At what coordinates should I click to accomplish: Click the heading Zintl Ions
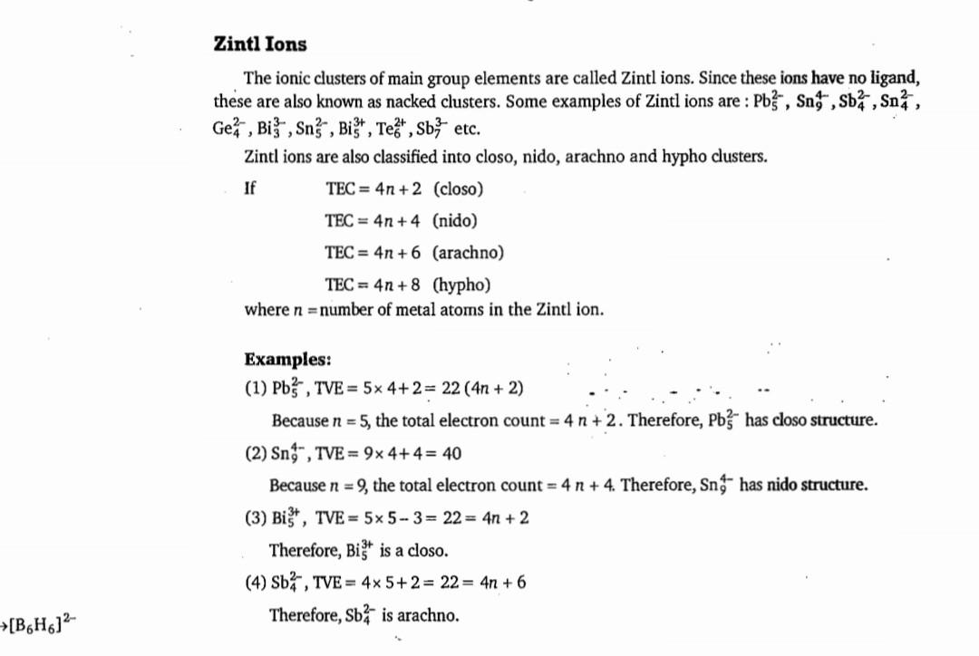[260, 43]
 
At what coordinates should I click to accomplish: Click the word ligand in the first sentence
[894, 78]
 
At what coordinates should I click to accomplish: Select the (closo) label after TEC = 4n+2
[458, 188]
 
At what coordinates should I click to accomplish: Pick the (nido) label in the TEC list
[455, 220]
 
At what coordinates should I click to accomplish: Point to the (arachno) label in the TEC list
[468, 252]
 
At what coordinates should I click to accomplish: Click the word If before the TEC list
[250, 188]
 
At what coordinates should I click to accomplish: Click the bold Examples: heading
[287, 358]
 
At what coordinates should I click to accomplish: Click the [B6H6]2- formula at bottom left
[44, 623]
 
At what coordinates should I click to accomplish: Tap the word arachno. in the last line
[427, 615]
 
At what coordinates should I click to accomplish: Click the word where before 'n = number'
[265, 309]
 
